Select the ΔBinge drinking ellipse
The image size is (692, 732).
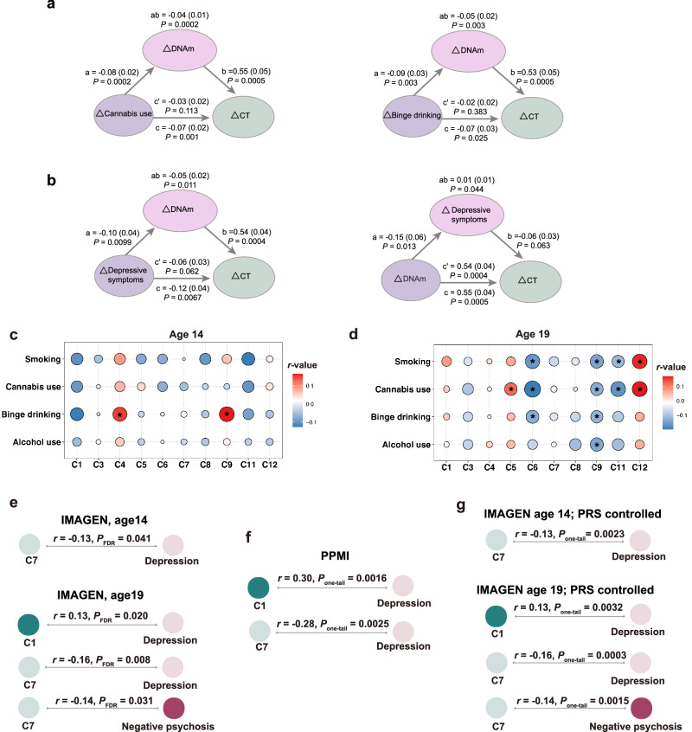tap(413, 116)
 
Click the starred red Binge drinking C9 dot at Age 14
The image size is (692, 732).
tap(227, 414)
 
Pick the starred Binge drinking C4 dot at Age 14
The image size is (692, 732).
tap(120, 414)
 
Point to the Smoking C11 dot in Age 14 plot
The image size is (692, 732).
tap(248, 359)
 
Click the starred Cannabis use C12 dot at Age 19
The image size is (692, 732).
tap(639, 388)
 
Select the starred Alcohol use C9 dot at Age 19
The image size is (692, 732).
tap(596, 445)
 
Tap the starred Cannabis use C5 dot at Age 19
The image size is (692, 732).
tap(511, 388)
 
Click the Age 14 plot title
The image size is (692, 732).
tap(186, 334)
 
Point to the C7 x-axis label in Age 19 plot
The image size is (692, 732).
tap(554, 467)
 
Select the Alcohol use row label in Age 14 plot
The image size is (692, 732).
tap(37, 442)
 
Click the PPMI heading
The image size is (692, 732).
tap(335, 555)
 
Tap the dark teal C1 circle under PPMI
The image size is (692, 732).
tap(258, 588)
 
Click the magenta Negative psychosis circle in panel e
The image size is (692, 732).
tap(174, 708)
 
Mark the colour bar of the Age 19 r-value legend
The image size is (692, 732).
tap(668, 402)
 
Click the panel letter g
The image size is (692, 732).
tap(460, 506)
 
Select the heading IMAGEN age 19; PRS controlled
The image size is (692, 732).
tap(565, 589)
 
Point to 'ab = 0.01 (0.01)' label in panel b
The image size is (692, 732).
tap(466, 180)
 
